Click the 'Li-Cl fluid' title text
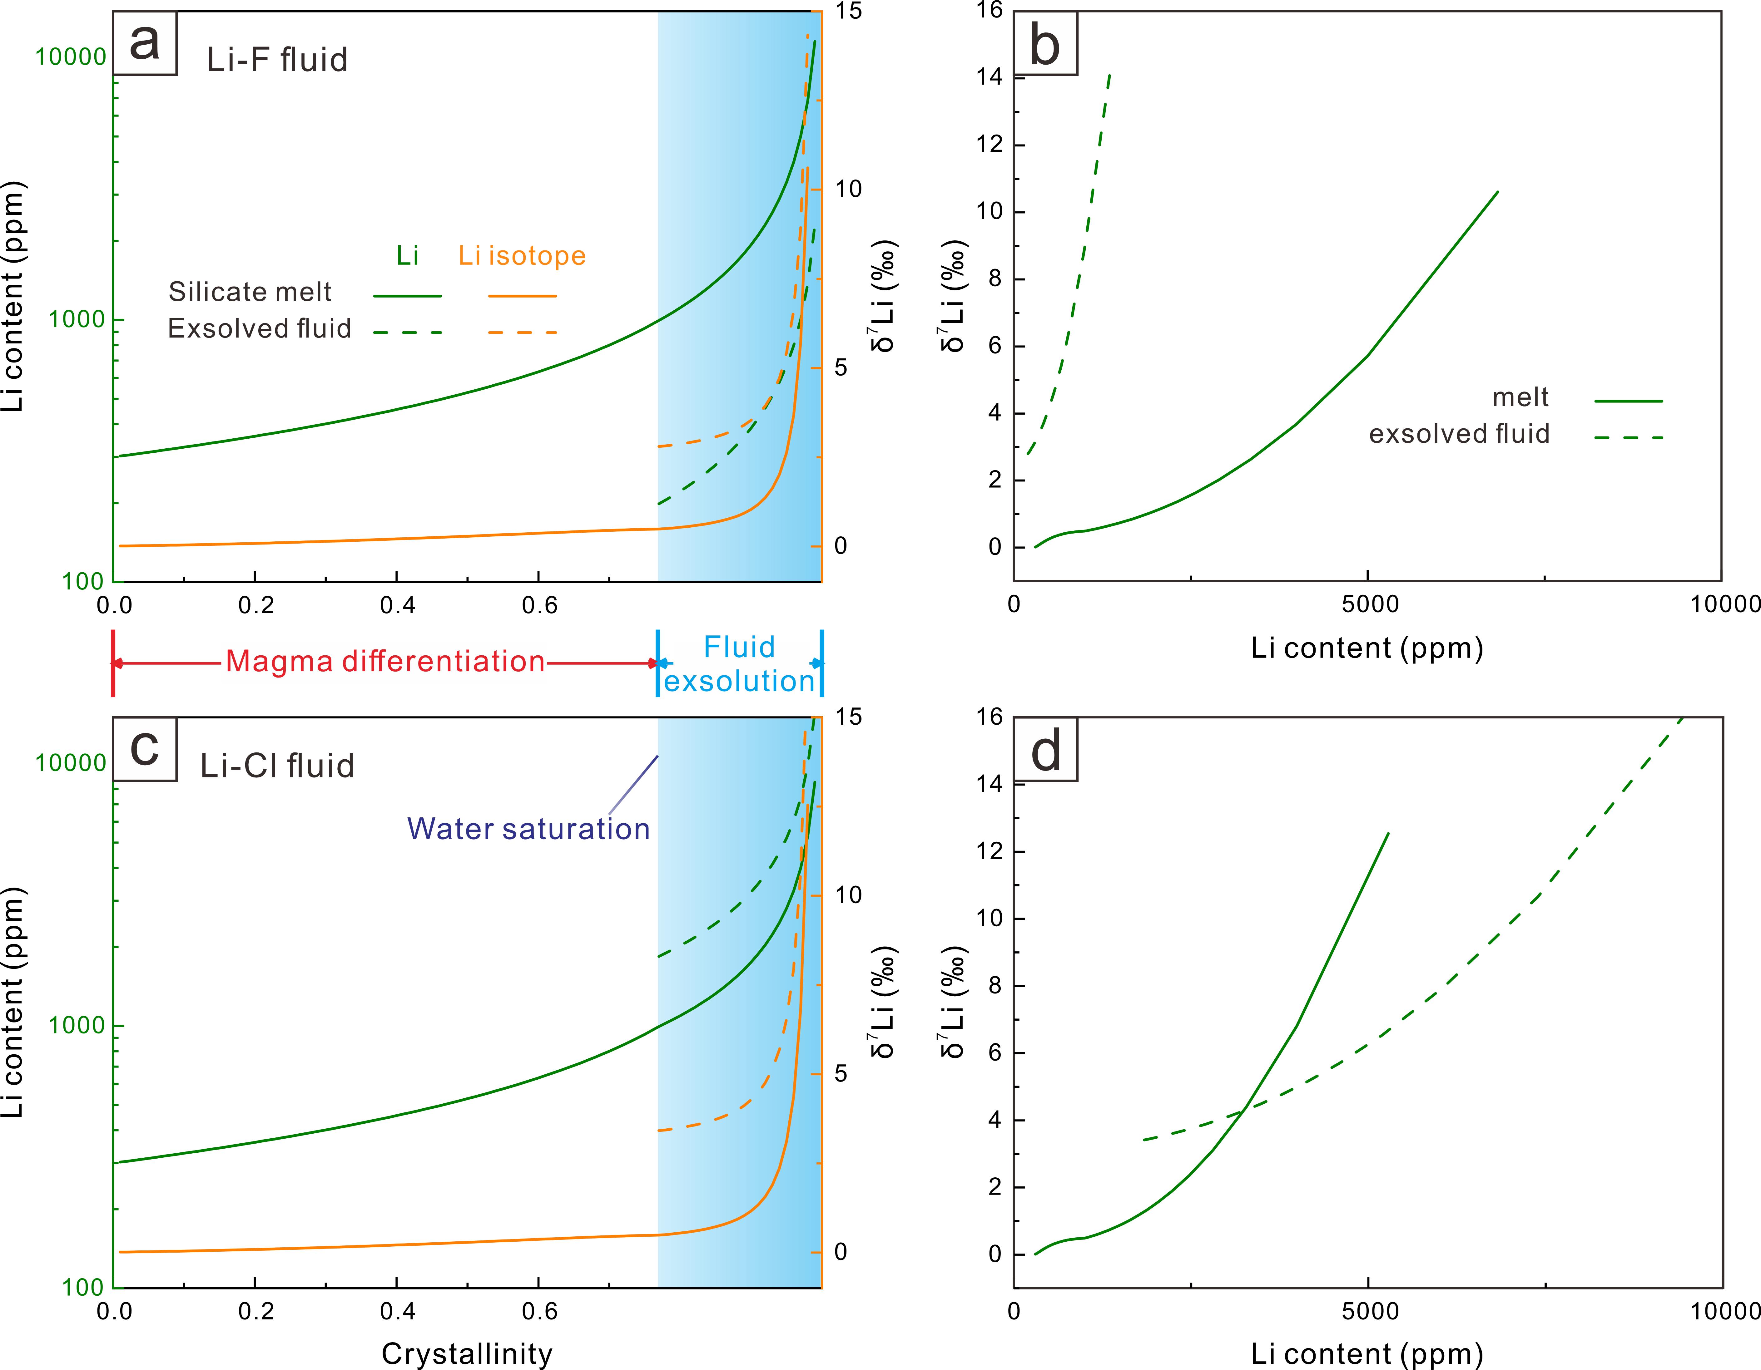(x=276, y=766)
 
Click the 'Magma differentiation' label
(x=384, y=662)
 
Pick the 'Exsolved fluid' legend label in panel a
(x=259, y=329)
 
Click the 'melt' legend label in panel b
(x=1520, y=397)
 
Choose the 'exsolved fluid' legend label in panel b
(x=1459, y=434)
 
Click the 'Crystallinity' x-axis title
(x=467, y=1354)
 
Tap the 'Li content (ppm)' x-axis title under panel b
(x=1367, y=648)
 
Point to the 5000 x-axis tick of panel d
(x=1369, y=1311)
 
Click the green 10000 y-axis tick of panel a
(x=71, y=57)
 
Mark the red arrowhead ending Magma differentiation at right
(x=654, y=663)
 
